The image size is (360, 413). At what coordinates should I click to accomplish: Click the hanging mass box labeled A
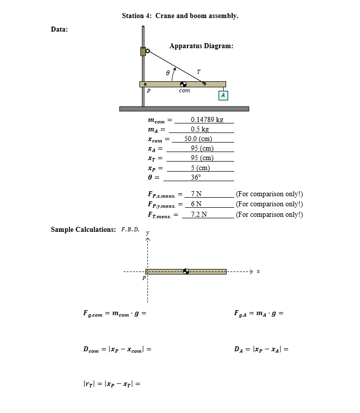click(x=223, y=95)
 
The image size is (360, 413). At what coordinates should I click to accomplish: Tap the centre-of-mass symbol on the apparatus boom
click(x=184, y=84)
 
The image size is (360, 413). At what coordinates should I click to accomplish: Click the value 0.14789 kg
click(x=207, y=119)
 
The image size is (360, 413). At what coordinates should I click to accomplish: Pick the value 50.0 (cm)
click(x=198, y=139)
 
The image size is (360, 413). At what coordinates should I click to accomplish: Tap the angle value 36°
click(x=196, y=177)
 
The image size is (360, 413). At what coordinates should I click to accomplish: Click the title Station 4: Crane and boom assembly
click(x=180, y=16)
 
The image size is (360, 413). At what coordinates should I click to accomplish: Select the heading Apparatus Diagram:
click(x=201, y=46)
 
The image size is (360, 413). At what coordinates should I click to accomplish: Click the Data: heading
click(x=60, y=29)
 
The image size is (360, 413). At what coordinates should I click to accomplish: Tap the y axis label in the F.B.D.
click(x=147, y=233)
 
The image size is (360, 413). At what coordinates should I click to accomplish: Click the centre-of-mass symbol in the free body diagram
click(x=187, y=271)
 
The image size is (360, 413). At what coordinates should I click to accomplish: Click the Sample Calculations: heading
click(x=83, y=230)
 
